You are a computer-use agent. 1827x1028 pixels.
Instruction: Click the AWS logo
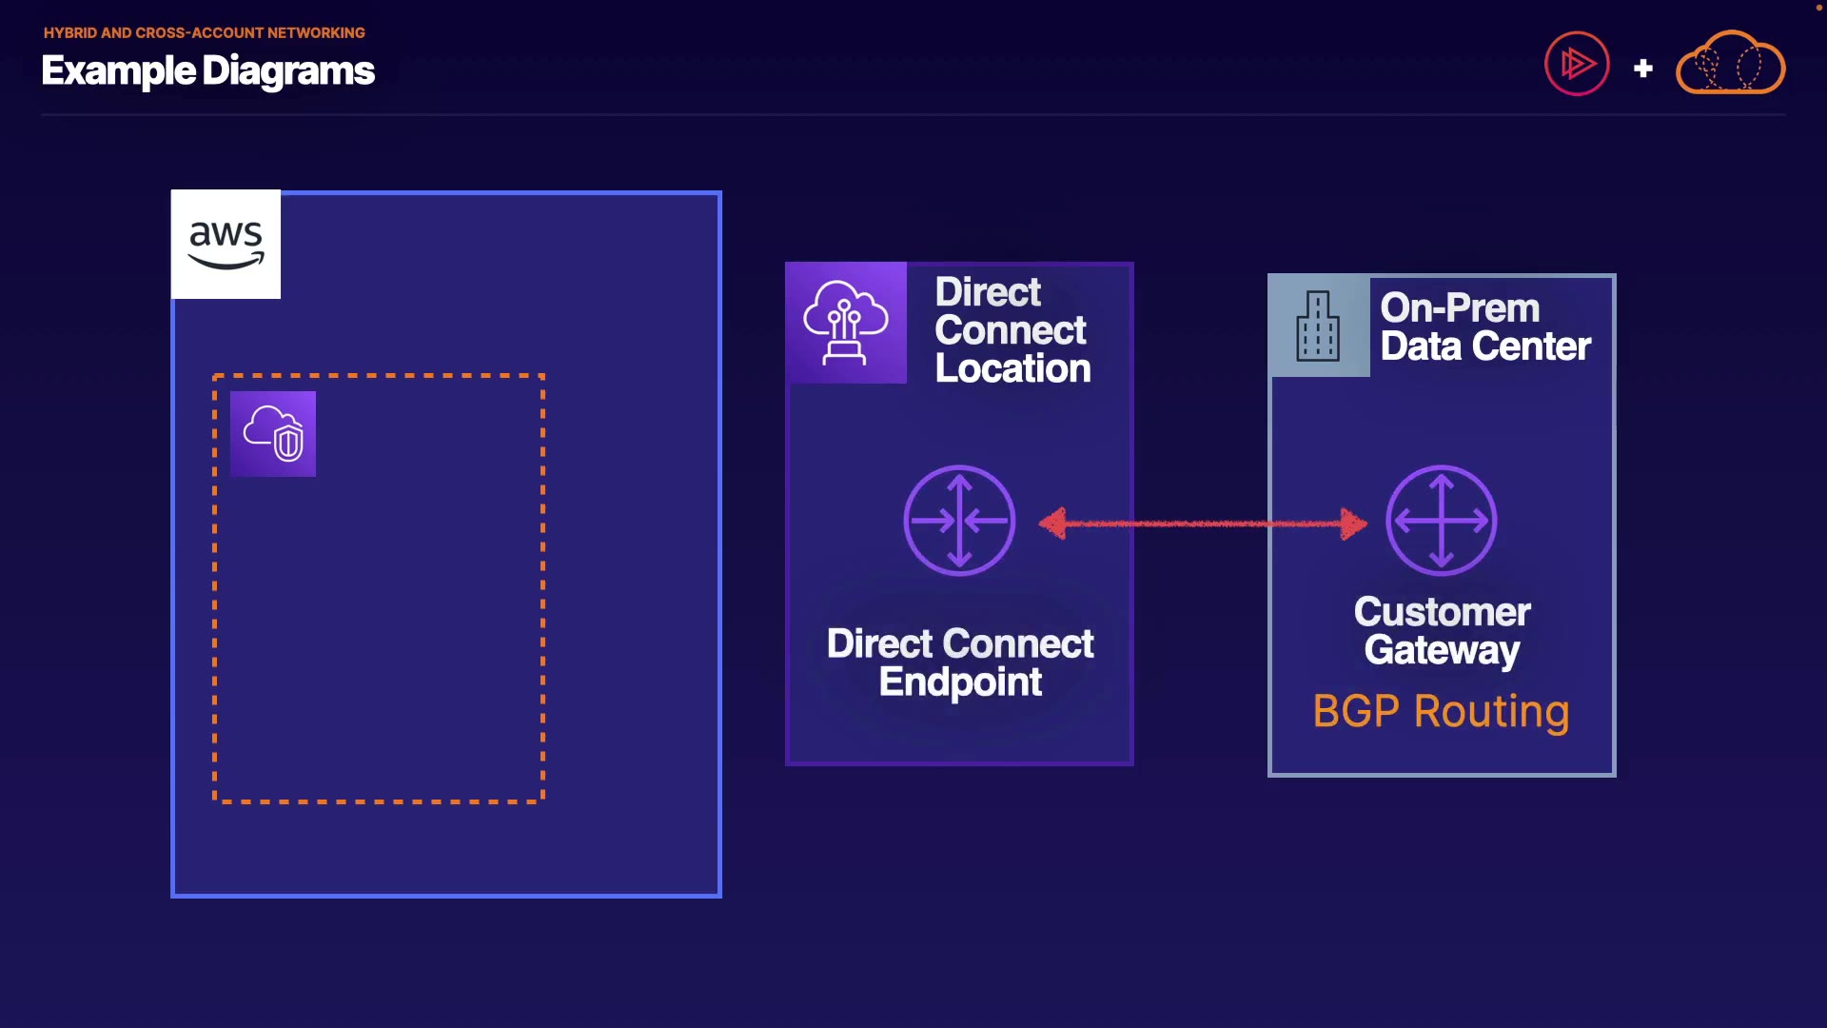coord(226,245)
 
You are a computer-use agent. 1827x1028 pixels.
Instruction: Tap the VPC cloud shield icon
coord(273,434)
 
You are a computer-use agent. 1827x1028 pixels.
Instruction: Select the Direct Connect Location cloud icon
coord(846,323)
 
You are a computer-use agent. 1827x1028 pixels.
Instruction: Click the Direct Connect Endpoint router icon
coord(959,521)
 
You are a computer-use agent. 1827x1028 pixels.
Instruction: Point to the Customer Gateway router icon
coord(1442,521)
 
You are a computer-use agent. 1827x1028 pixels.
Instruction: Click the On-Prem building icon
coord(1319,326)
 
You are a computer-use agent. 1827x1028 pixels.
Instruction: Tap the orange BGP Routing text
coord(1441,712)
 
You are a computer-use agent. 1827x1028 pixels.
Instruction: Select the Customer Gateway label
coord(1442,631)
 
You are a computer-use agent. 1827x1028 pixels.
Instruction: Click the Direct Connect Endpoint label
coord(960,662)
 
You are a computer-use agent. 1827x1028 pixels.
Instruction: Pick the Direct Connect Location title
coord(1012,330)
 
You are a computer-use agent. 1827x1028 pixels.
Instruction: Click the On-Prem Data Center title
coord(1485,327)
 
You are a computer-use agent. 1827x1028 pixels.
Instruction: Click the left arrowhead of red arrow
coord(1052,523)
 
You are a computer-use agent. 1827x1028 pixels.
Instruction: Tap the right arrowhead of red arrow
coord(1354,523)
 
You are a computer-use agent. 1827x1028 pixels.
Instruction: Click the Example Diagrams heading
coord(208,71)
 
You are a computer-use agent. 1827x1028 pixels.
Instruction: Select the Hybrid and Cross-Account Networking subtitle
coord(205,32)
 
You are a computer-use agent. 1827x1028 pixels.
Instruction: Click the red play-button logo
coord(1577,64)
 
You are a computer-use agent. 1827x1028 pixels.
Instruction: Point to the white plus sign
coord(1642,69)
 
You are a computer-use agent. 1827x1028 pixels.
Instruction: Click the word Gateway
coord(1442,651)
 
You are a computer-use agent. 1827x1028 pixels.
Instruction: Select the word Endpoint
coord(960,682)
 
